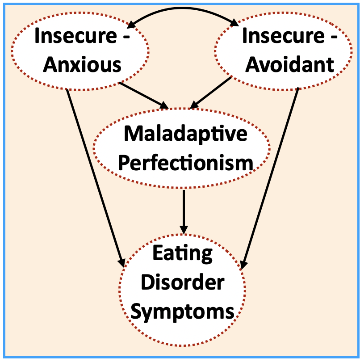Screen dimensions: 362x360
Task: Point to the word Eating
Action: coord(183,253)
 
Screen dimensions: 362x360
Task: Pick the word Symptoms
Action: coord(183,311)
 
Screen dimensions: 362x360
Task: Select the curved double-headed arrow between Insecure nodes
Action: coord(183,9)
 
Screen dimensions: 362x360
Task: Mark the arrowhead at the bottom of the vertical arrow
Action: coord(184,227)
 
